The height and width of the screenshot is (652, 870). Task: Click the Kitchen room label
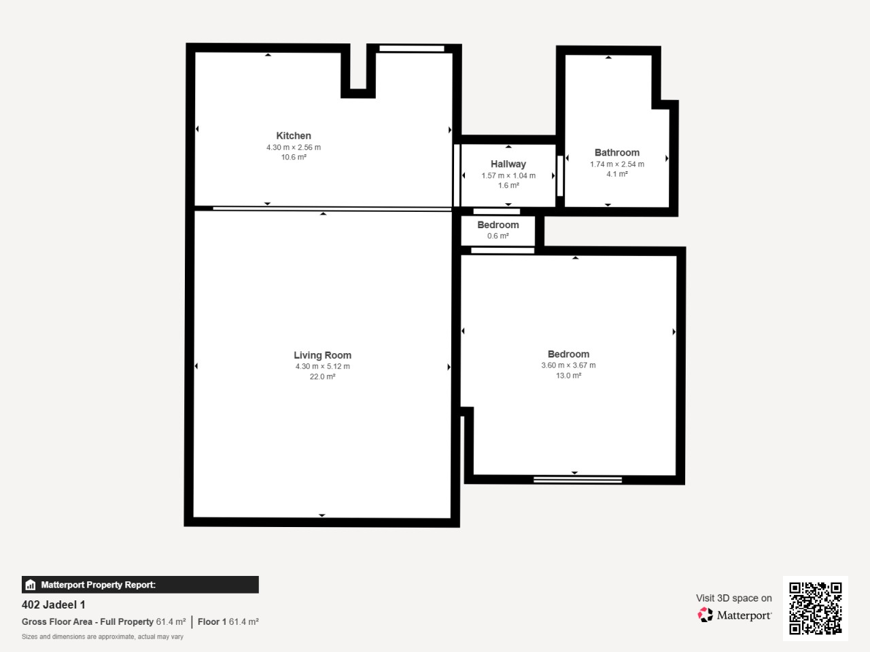click(294, 136)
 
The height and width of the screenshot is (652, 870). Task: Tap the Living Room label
click(322, 355)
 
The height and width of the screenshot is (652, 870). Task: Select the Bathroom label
click(616, 152)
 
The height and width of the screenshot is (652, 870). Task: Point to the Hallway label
click(508, 164)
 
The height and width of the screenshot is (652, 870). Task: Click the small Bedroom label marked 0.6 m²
click(498, 225)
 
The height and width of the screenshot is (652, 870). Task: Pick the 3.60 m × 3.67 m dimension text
click(568, 365)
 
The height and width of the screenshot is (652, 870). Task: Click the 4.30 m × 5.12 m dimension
click(322, 366)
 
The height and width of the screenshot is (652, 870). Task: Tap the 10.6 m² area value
click(294, 157)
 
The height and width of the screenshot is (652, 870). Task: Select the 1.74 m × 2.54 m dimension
click(616, 164)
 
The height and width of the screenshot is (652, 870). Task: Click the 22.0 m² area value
click(322, 376)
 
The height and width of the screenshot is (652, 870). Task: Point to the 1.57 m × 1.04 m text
click(508, 175)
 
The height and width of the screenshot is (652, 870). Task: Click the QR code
click(816, 608)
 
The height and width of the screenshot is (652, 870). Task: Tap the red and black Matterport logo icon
click(705, 615)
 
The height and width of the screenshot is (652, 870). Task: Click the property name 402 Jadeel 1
click(54, 604)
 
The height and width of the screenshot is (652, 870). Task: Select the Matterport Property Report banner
click(140, 584)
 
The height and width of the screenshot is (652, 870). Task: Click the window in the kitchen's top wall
click(412, 48)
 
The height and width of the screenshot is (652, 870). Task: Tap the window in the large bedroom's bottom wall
click(578, 479)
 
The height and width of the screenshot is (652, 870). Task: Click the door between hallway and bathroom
click(560, 176)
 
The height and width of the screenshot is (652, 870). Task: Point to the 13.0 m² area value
click(568, 376)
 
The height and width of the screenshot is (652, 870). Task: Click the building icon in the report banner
click(31, 585)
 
